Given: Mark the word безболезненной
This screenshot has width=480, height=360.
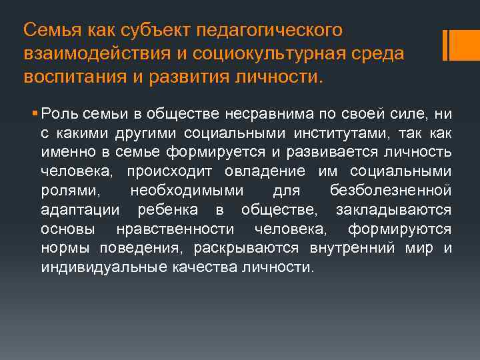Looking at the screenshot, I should coord(390,191).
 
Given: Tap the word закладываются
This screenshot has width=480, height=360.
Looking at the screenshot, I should coord(393,211).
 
